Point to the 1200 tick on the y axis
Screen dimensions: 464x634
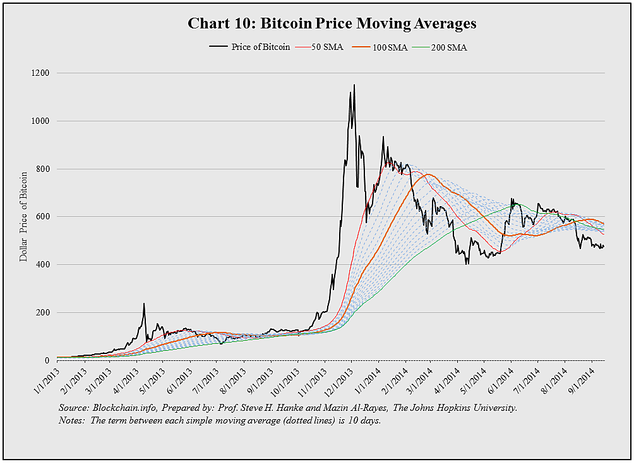(x=42, y=73)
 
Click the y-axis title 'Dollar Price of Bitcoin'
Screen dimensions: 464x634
(x=24, y=216)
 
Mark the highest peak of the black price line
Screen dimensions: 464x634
(x=354, y=85)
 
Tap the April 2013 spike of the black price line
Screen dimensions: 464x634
(x=144, y=303)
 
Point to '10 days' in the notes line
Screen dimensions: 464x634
(x=364, y=420)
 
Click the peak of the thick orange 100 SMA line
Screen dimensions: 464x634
(x=429, y=174)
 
